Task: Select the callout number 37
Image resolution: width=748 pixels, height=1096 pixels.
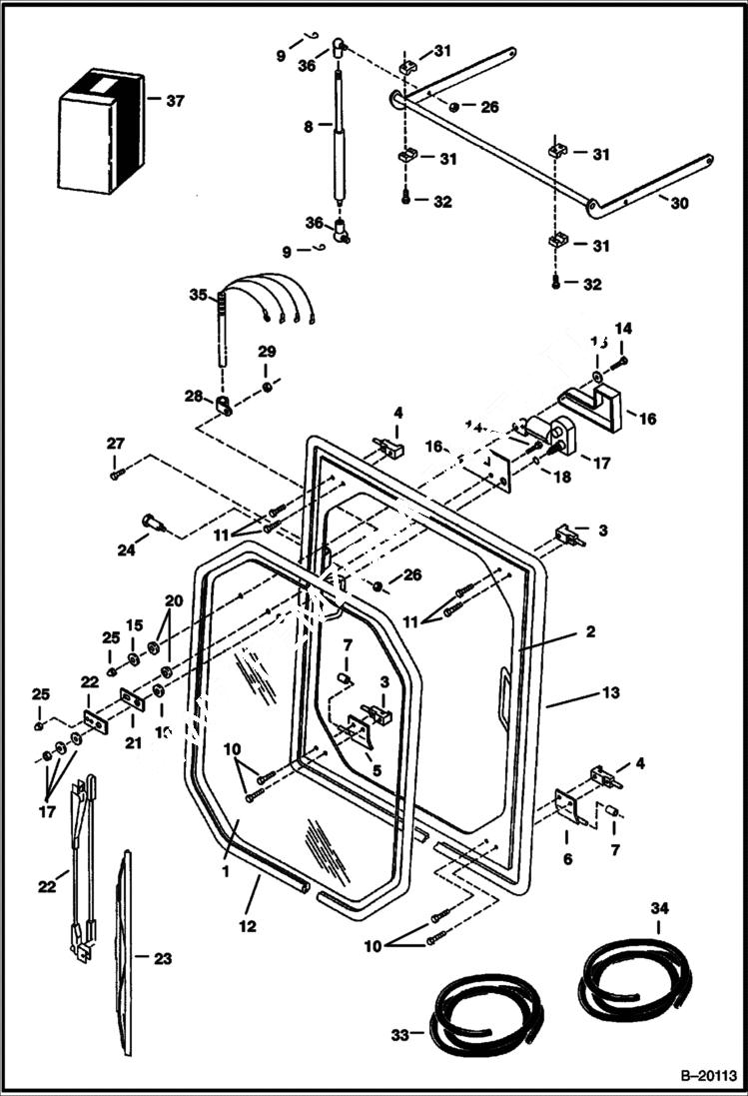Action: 175,101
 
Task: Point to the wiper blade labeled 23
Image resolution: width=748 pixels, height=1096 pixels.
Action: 126,949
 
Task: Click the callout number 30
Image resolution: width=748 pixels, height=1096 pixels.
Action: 679,202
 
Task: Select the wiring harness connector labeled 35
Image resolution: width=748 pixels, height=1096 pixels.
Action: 223,320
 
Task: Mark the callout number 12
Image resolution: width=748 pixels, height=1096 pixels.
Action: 247,926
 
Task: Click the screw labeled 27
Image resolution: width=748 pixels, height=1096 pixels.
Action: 116,473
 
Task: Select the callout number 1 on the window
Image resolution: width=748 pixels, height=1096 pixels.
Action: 225,871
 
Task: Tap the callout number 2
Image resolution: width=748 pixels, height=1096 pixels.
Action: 590,631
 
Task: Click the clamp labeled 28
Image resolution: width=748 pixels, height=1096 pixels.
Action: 225,406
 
